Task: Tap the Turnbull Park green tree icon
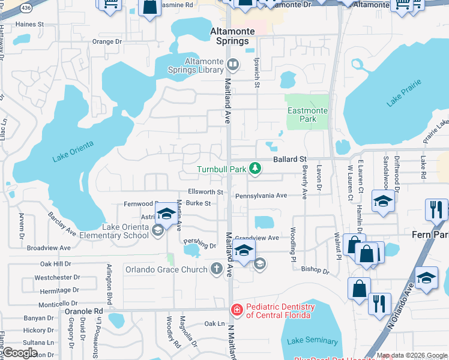(x=255, y=169)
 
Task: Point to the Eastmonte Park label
(x=307, y=115)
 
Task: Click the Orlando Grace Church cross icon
(x=217, y=269)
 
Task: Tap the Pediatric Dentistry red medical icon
(x=237, y=310)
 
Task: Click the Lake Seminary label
(x=312, y=341)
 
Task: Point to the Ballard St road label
(x=290, y=160)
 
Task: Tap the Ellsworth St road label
(x=205, y=192)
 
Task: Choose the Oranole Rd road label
(x=84, y=311)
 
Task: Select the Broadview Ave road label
(x=49, y=247)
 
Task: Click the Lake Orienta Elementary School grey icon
(x=157, y=231)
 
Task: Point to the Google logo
(x=20, y=353)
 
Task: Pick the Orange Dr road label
(x=107, y=42)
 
